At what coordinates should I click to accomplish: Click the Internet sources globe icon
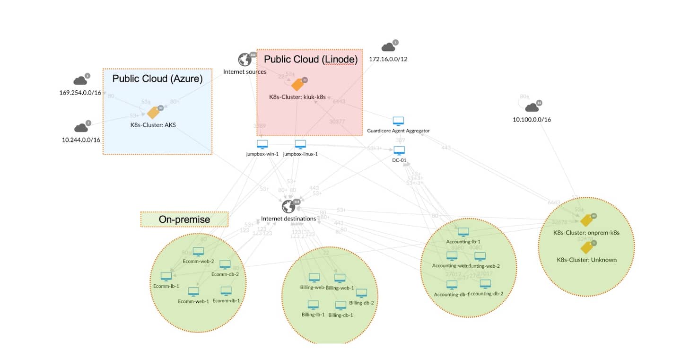[244, 60]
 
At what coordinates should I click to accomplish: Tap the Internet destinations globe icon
[288, 207]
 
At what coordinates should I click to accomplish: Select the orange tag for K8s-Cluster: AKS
[153, 113]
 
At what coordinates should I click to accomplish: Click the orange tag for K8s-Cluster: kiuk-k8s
[297, 84]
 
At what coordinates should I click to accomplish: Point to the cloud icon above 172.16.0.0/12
[388, 47]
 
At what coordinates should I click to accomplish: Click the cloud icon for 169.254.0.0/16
[80, 80]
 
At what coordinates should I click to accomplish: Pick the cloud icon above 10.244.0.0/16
[81, 128]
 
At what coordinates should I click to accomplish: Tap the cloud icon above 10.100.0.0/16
[532, 107]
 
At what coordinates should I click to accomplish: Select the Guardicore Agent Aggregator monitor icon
[399, 121]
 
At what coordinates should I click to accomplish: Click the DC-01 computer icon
[399, 150]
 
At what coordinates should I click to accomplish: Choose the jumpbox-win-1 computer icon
[262, 144]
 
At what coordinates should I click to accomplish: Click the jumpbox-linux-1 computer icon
[300, 144]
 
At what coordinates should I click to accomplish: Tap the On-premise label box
[184, 220]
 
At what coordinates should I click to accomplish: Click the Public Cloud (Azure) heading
[157, 79]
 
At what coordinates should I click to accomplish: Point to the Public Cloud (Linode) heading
[310, 59]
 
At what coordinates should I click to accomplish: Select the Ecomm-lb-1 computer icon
[166, 276]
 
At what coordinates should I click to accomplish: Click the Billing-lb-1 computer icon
[313, 305]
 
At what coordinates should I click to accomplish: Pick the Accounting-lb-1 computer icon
[463, 232]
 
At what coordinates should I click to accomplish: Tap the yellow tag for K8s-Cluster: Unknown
[586, 247]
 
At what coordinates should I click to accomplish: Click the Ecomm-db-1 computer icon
[226, 291]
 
